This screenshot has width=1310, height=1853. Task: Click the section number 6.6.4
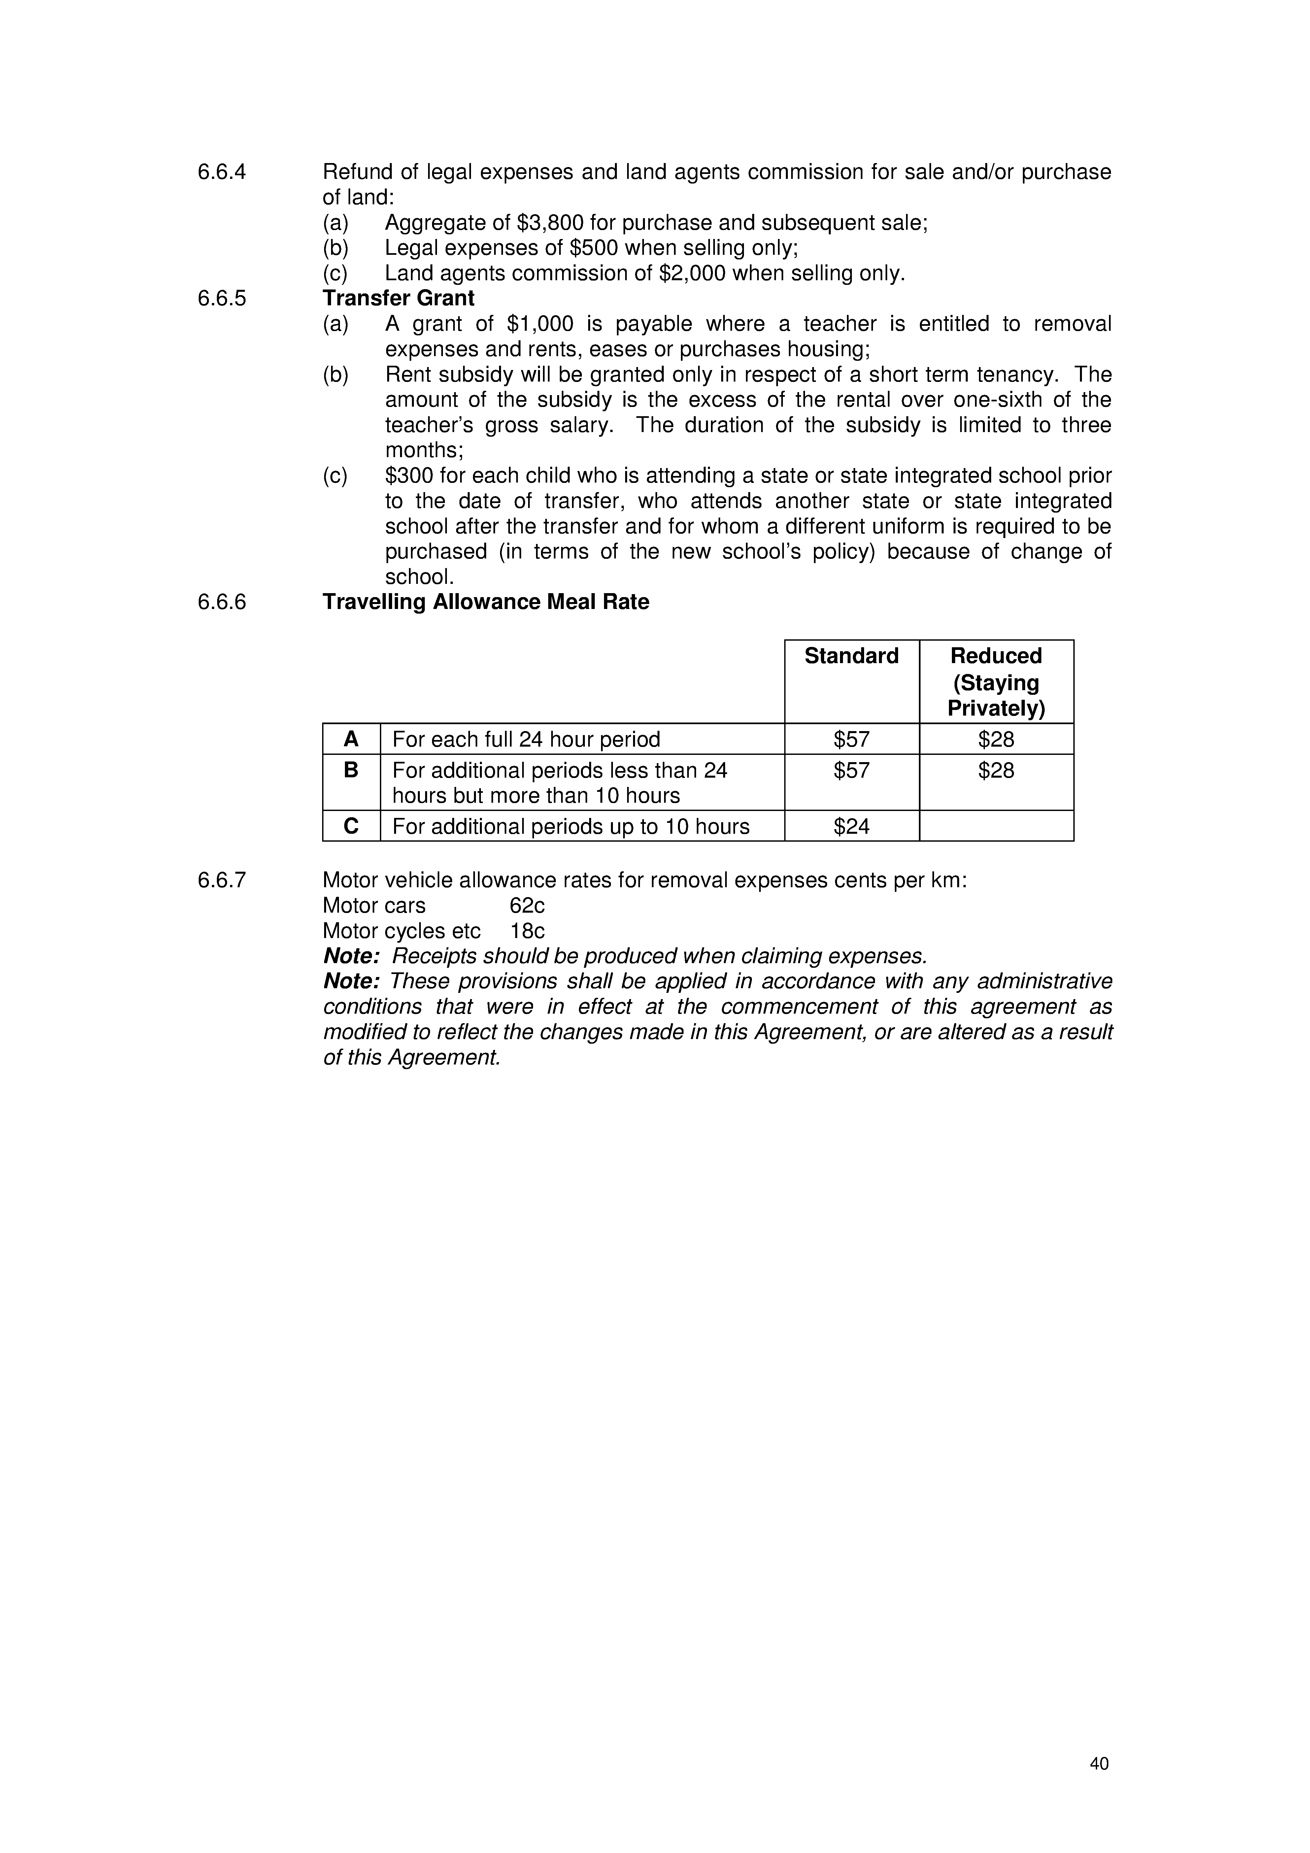(x=221, y=172)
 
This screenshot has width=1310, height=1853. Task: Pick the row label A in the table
(x=351, y=739)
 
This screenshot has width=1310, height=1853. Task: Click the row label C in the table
(x=351, y=826)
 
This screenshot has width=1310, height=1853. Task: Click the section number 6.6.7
(x=221, y=880)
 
